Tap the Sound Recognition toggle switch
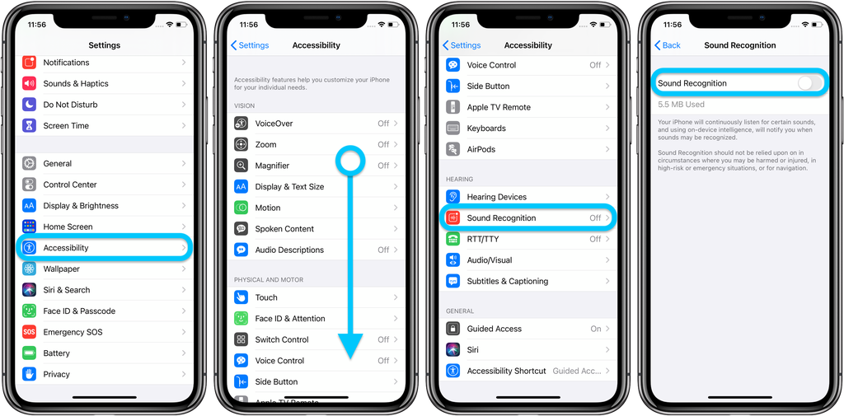809,83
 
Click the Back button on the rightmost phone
668,45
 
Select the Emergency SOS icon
30,332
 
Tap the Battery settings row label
57,353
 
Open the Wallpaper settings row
62,269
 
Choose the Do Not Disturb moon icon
30,105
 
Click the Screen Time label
66,126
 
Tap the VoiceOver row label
274,124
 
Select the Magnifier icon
241,166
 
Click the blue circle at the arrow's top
350,161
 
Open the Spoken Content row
284,229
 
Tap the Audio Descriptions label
289,250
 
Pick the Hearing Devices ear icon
453,197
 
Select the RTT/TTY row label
483,240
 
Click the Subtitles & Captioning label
507,282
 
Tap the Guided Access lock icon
453,329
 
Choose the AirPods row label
481,150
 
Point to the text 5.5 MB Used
681,105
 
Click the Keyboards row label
486,129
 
